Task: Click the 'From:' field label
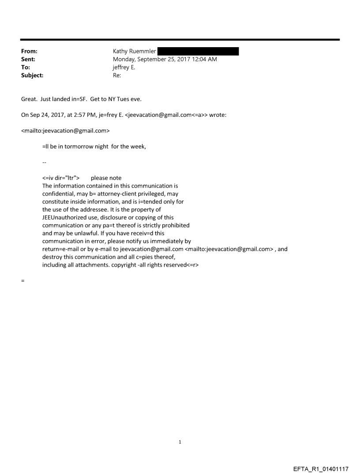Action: [x=29, y=52]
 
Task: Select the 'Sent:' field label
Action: [x=28, y=60]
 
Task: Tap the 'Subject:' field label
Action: [x=31, y=75]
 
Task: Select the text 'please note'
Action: [x=106, y=178]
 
